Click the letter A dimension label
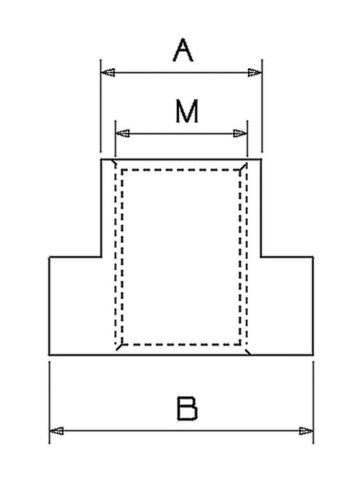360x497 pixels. click(183, 50)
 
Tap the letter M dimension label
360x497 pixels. click(187, 111)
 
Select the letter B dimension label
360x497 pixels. click(187, 408)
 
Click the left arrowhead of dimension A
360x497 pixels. click(108, 72)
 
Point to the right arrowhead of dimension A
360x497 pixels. click(255, 72)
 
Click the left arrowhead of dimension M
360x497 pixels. click(123, 133)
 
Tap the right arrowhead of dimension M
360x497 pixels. click(240, 133)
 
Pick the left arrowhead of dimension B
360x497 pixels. click(57, 431)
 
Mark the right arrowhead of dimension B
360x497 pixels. click(306, 431)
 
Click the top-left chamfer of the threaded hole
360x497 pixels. click(114, 163)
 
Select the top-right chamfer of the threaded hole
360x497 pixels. click(244, 166)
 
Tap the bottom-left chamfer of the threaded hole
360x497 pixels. click(119, 346)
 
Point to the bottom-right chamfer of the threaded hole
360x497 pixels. click(249, 351)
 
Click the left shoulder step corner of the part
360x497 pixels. click(101, 257)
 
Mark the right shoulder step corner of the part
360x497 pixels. click(261, 257)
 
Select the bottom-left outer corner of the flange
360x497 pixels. click(50, 355)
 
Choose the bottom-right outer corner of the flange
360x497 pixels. click(313, 355)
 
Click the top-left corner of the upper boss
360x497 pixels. click(101, 159)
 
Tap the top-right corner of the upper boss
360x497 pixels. click(261, 159)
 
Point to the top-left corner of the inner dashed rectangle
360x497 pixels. click(122, 170)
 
